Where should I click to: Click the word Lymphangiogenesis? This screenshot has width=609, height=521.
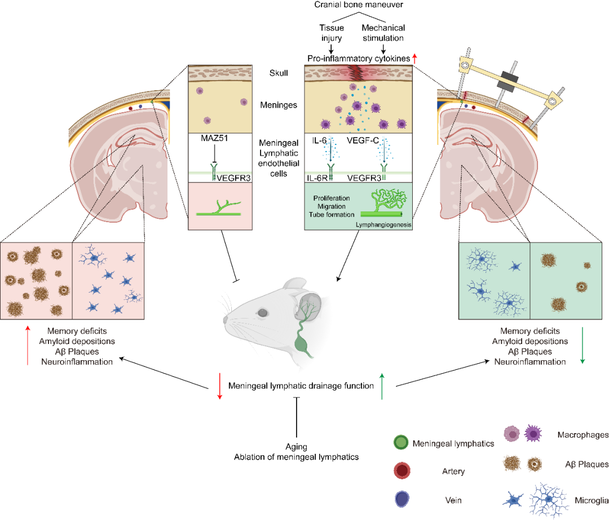coord(382,225)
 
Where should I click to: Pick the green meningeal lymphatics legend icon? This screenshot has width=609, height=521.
coord(400,443)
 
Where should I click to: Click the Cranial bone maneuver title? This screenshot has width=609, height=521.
coord(361,5)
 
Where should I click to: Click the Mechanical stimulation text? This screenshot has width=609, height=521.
coord(383,33)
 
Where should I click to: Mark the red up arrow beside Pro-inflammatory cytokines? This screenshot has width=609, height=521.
coord(415,58)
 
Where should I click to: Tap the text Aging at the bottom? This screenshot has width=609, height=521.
coord(296,447)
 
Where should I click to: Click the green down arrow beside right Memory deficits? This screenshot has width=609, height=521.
coord(582,346)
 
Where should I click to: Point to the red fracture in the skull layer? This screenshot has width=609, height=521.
coord(357,72)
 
